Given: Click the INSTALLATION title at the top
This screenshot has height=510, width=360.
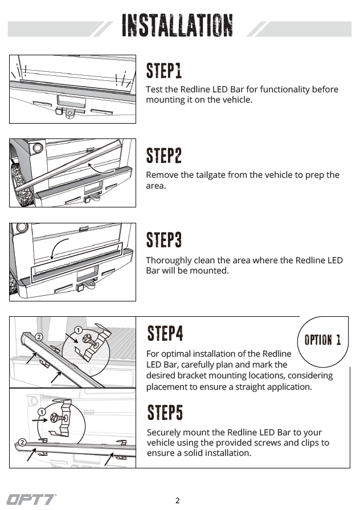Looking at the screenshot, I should (177, 26).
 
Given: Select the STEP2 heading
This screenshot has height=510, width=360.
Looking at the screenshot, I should (164, 155).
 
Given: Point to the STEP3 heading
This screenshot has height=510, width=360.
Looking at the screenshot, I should (164, 240).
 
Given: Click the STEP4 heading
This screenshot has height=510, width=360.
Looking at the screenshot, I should (165, 333).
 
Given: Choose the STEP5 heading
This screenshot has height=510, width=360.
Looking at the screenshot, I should (165, 412).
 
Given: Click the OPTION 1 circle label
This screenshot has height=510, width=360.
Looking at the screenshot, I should (322, 340).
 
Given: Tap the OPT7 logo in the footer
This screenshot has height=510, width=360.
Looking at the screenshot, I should (31, 500).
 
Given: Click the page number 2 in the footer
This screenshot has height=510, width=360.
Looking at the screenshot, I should (177, 501).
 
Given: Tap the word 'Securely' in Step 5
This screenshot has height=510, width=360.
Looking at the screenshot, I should (164, 432).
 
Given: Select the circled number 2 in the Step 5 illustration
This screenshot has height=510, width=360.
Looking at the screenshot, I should (22, 442).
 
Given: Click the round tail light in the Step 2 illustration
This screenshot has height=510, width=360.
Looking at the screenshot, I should (38, 148).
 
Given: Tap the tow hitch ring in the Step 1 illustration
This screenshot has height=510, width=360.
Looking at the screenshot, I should (69, 115).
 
